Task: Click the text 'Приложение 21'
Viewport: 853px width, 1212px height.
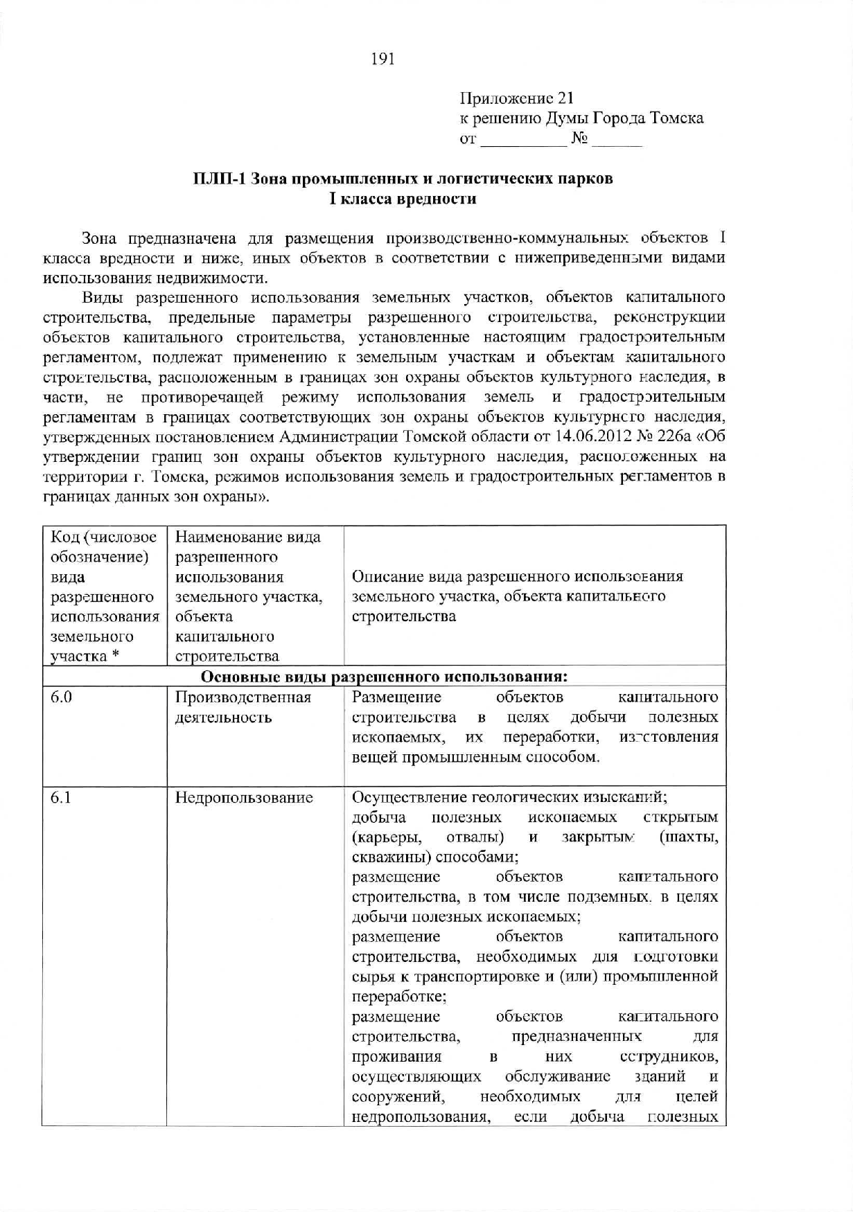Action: coord(516,99)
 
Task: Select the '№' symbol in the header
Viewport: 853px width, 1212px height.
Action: coord(579,139)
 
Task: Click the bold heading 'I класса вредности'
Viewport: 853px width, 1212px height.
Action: coord(403,199)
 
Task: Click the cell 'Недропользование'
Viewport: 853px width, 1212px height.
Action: coord(244,798)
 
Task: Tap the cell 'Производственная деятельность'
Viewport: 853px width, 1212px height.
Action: coord(243,707)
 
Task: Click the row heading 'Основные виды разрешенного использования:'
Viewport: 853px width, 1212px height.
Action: coord(385,676)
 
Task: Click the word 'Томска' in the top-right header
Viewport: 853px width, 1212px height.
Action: coord(676,119)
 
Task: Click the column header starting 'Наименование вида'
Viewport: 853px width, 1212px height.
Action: coord(248,596)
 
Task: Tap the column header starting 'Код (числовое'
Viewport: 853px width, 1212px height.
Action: coord(104,596)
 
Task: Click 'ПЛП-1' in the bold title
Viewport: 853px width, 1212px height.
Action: coord(220,179)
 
